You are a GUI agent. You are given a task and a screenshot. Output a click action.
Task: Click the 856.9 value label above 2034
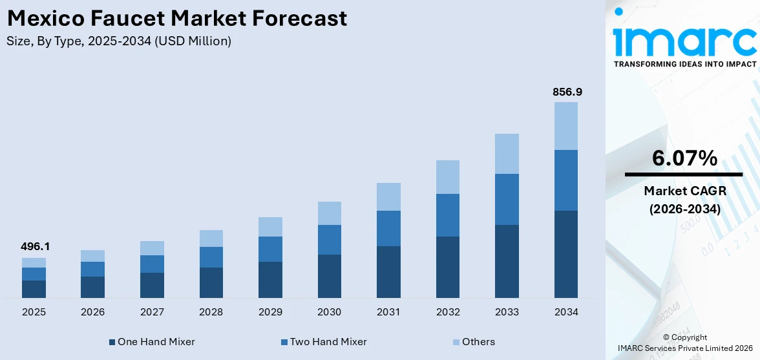[x=567, y=92]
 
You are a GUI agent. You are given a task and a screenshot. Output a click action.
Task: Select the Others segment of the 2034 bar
[x=566, y=126]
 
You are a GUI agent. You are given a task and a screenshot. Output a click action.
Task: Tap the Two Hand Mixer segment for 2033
[x=507, y=199]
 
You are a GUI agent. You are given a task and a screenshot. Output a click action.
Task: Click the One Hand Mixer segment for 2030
[x=330, y=276]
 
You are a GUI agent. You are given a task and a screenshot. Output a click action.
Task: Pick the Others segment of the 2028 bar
[x=211, y=238]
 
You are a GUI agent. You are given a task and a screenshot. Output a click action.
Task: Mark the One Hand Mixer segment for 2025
[x=34, y=289]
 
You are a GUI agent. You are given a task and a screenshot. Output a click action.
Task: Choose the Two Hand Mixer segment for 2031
[x=388, y=228]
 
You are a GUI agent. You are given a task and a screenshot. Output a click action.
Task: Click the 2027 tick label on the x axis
[x=152, y=312]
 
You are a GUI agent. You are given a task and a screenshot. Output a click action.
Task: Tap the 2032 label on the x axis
[x=448, y=312]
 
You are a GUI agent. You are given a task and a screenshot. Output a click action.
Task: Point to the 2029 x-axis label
[x=270, y=312]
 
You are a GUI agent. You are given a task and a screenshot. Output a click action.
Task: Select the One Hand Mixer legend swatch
[x=112, y=342]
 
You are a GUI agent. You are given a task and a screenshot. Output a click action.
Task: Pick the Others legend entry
[x=478, y=342]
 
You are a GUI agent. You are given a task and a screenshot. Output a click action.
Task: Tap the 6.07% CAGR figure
[x=684, y=158]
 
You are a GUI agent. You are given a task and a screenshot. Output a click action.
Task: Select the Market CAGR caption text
[x=684, y=191]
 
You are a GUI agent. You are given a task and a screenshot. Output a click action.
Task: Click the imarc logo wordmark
[x=684, y=41]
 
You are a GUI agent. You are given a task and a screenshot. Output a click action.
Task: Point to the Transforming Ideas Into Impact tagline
[x=684, y=64]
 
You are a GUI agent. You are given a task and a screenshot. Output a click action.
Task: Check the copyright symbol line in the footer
[x=684, y=337]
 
